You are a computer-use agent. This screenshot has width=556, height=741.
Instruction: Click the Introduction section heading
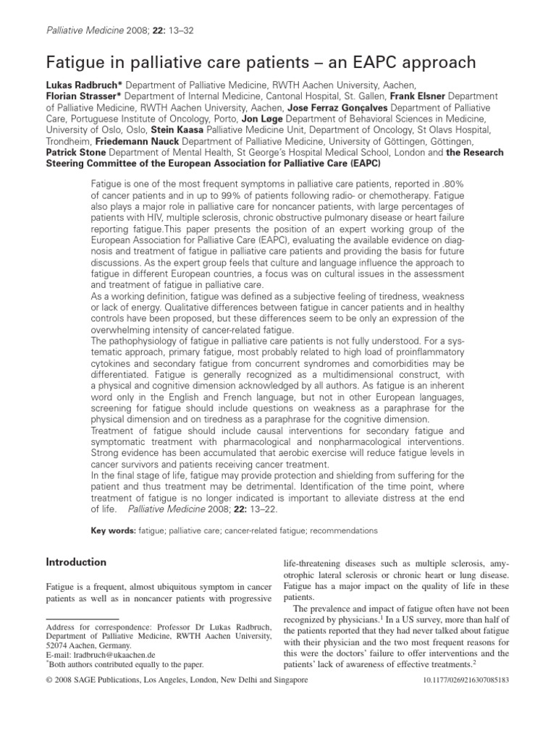pyautogui.click(x=76, y=562)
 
